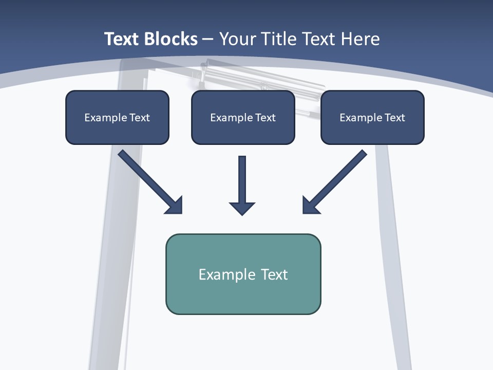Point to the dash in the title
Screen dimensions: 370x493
(208, 40)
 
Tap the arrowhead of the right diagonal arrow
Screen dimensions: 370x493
(309, 206)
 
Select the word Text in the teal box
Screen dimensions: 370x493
(274, 274)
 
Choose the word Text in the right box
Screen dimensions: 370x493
(394, 118)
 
